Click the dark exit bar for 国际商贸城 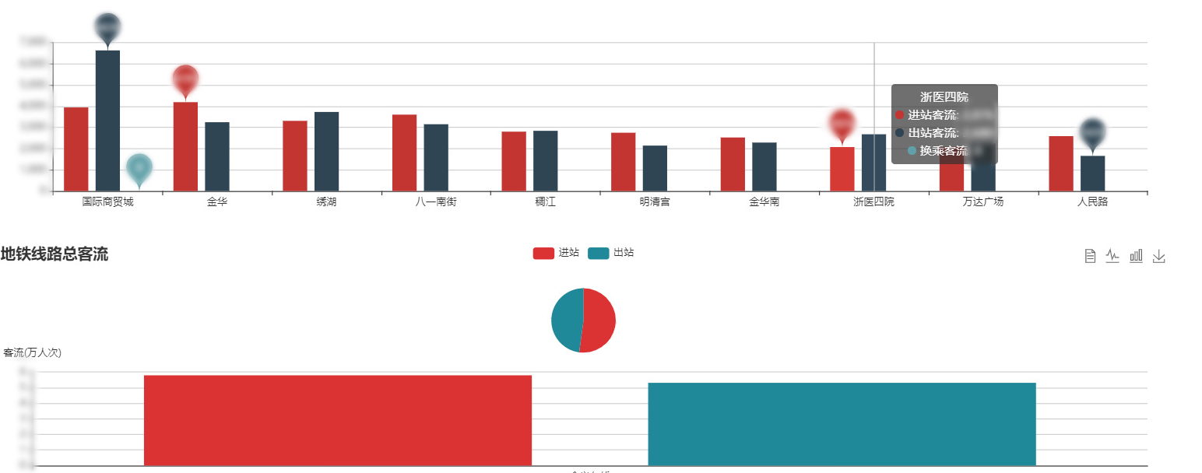coord(107,121)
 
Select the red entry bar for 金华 coord(185,146)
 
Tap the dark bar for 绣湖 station coord(326,151)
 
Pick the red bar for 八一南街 coord(404,152)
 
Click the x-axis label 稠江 coord(545,202)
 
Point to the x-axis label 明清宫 coord(655,202)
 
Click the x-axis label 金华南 coord(764,202)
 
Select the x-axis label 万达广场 coord(983,202)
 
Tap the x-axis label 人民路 coord(1092,202)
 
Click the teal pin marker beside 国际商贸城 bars coord(139,167)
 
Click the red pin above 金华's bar coord(185,79)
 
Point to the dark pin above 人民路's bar coord(1093,132)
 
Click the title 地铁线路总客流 coord(54,254)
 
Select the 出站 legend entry coord(611,253)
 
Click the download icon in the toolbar coord(1158,256)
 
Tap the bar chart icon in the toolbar coord(1136,256)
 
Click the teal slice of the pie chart coord(566,319)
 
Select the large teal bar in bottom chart coord(842,424)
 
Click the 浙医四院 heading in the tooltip coord(944,97)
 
